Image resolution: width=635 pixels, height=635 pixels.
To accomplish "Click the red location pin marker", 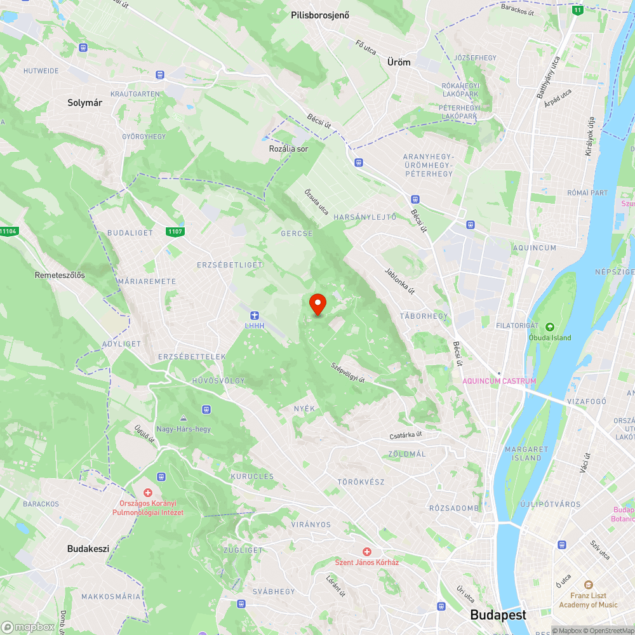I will click(x=317, y=304).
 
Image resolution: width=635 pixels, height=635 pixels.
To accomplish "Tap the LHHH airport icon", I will click(x=255, y=316).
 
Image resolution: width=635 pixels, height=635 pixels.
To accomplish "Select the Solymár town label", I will click(x=85, y=102).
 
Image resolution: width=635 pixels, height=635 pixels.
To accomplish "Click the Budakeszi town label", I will click(x=88, y=549).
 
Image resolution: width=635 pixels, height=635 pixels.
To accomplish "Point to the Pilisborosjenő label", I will click(x=320, y=15).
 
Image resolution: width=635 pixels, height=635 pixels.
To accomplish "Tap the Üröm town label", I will click(x=399, y=62).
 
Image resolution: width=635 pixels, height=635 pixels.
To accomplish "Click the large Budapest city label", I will click(x=498, y=615).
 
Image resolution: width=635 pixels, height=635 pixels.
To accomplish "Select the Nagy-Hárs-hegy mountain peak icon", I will click(x=184, y=418).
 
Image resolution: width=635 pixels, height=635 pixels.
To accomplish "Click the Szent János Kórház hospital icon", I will click(x=366, y=552).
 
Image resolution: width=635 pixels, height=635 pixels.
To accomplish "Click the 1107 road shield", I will click(x=176, y=231).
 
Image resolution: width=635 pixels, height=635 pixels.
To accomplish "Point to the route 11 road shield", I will click(x=577, y=10).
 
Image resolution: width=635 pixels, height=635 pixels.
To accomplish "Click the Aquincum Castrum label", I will click(x=499, y=381).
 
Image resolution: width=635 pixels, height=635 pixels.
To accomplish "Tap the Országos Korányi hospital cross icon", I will click(x=148, y=493).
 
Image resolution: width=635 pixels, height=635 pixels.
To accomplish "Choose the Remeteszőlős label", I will click(x=60, y=276).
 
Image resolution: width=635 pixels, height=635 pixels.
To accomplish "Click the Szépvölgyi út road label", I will click(x=347, y=372).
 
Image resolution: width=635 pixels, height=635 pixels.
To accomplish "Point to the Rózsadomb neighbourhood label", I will click(x=453, y=508).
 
